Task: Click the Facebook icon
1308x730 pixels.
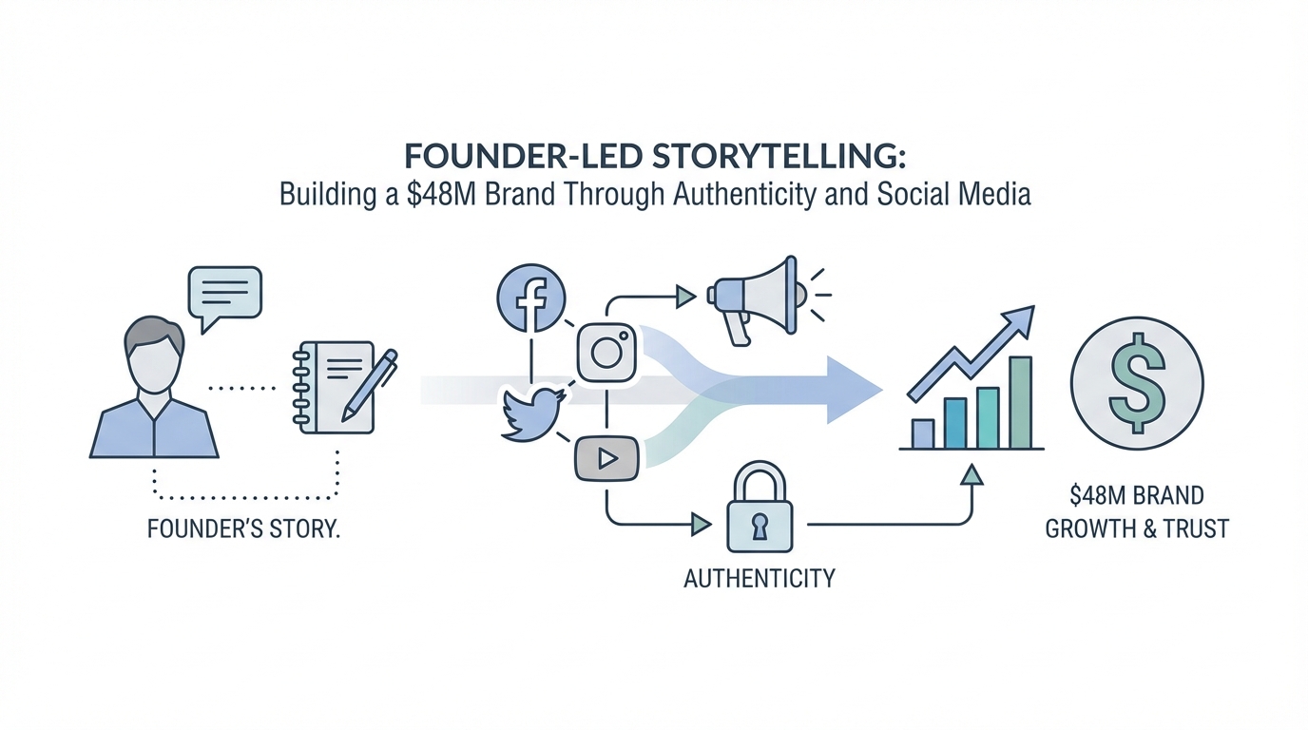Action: point(531,298)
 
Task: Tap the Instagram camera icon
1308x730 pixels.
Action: point(606,353)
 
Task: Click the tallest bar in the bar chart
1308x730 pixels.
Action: point(1020,402)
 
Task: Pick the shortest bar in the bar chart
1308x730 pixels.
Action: point(923,433)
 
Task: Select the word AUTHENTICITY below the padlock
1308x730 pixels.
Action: point(759,577)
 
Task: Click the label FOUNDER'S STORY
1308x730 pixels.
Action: point(243,528)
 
